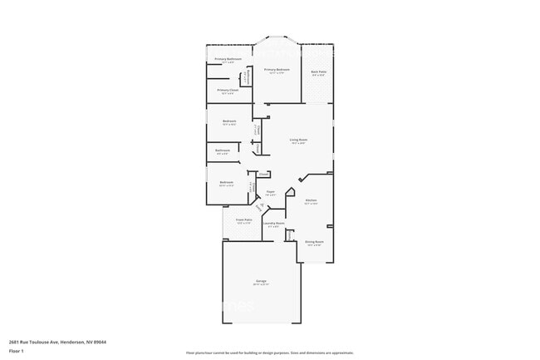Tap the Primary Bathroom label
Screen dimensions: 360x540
228,59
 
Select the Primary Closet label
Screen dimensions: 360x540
228,91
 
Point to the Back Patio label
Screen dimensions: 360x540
317,73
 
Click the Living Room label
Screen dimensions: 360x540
298,140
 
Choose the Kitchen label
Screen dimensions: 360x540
311,200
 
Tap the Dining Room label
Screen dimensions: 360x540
315,242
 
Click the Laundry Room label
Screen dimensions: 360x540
273,224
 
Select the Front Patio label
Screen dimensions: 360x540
243,220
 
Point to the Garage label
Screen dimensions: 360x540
261,284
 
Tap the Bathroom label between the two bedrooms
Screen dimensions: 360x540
223,150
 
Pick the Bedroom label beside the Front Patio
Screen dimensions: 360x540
226,182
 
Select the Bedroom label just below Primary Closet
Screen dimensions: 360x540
229,121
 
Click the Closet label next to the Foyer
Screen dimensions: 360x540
263,174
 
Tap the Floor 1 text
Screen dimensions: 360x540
16,351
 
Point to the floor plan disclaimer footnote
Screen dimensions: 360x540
269,353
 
